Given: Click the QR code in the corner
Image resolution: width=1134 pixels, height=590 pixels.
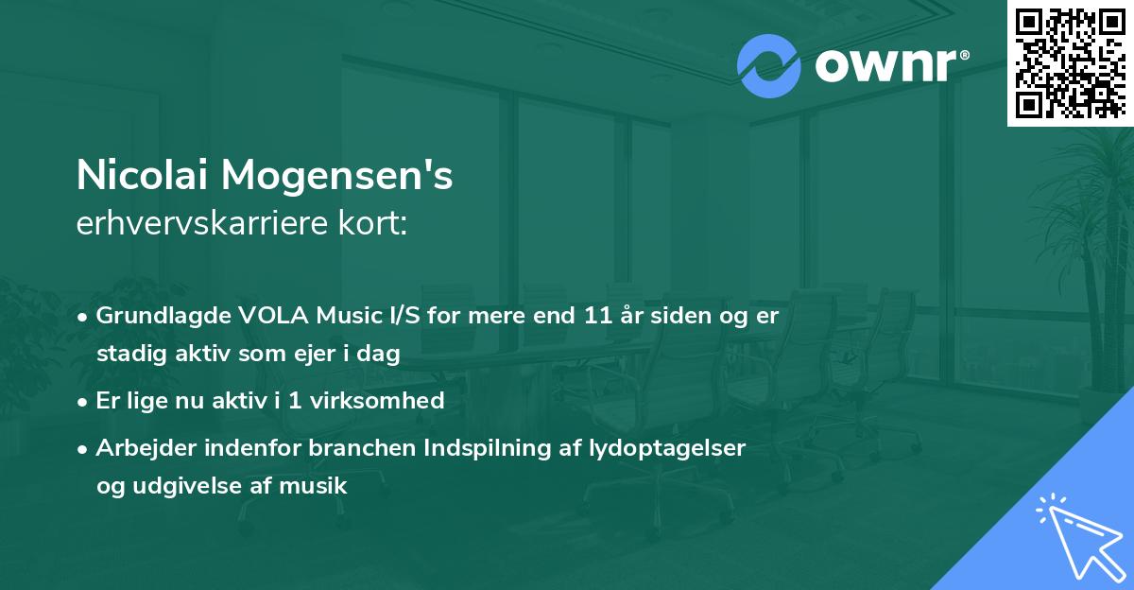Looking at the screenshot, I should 1070,63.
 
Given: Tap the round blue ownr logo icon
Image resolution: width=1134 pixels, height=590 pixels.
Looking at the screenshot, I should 768,66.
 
